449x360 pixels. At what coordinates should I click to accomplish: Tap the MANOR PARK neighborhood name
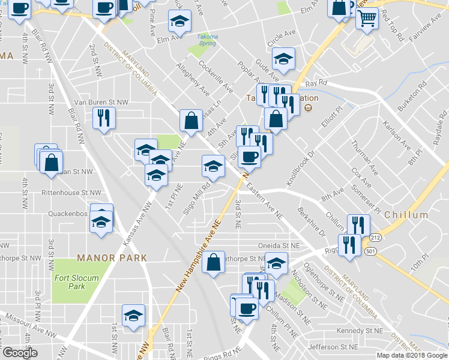point(112,258)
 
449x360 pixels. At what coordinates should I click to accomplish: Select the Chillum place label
point(406,215)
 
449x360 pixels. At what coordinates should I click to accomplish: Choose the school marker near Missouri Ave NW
point(133,315)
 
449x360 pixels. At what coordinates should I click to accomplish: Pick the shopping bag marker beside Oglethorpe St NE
point(214,262)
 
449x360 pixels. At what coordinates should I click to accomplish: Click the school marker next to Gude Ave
point(283,58)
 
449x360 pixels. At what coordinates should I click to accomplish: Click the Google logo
point(20,353)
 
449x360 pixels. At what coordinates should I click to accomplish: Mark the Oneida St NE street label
point(278,245)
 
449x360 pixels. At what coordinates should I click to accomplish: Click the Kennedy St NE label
point(359,331)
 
